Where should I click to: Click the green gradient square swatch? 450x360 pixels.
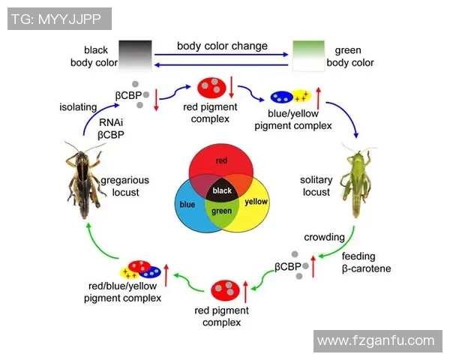point(307,56)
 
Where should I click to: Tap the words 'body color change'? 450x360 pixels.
point(222,46)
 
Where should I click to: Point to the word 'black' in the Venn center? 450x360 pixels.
point(223,190)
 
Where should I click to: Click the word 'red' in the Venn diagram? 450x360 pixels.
point(221,160)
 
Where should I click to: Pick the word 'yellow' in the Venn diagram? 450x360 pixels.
point(256,202)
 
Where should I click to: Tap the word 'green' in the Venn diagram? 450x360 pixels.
point(222,211)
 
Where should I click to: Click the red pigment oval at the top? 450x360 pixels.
point(211,88)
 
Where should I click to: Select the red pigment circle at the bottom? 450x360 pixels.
point(225,290)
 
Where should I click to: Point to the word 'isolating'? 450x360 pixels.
point(78,106)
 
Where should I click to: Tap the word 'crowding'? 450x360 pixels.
point(324,237)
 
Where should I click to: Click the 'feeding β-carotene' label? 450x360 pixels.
point(367,262)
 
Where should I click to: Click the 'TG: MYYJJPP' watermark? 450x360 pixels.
point(59,17)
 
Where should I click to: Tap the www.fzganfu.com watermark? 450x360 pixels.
point(376,341)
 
